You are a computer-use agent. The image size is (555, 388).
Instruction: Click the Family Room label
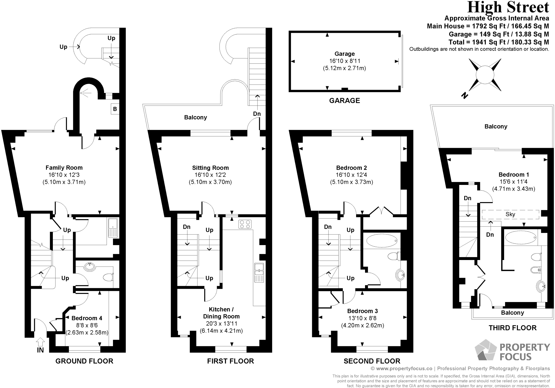click(64, 168)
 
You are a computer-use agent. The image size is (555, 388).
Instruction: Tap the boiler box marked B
click(115, 109)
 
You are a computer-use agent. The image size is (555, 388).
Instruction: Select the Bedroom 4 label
click(87, 318)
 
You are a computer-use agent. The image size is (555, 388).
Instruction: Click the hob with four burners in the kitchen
click(245, 224)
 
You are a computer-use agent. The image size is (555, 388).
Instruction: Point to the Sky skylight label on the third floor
click(510, 214)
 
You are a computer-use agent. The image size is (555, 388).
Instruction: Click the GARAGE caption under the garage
click(344, 101)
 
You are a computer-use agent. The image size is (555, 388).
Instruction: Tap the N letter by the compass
click(464, 95)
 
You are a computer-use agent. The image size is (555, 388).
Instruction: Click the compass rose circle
click(485, 75)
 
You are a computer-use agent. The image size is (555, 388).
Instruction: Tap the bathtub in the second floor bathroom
click(382, 241)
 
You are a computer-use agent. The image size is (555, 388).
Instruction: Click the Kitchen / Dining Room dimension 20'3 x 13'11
click(221, 323)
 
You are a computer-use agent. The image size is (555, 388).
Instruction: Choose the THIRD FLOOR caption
click(512, 328)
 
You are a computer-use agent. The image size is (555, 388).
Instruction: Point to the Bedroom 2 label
click(351, 168)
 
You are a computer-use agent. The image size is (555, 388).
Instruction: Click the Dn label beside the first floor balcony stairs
click(257, 114)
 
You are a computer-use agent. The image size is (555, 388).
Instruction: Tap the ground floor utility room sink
click(113, 228)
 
